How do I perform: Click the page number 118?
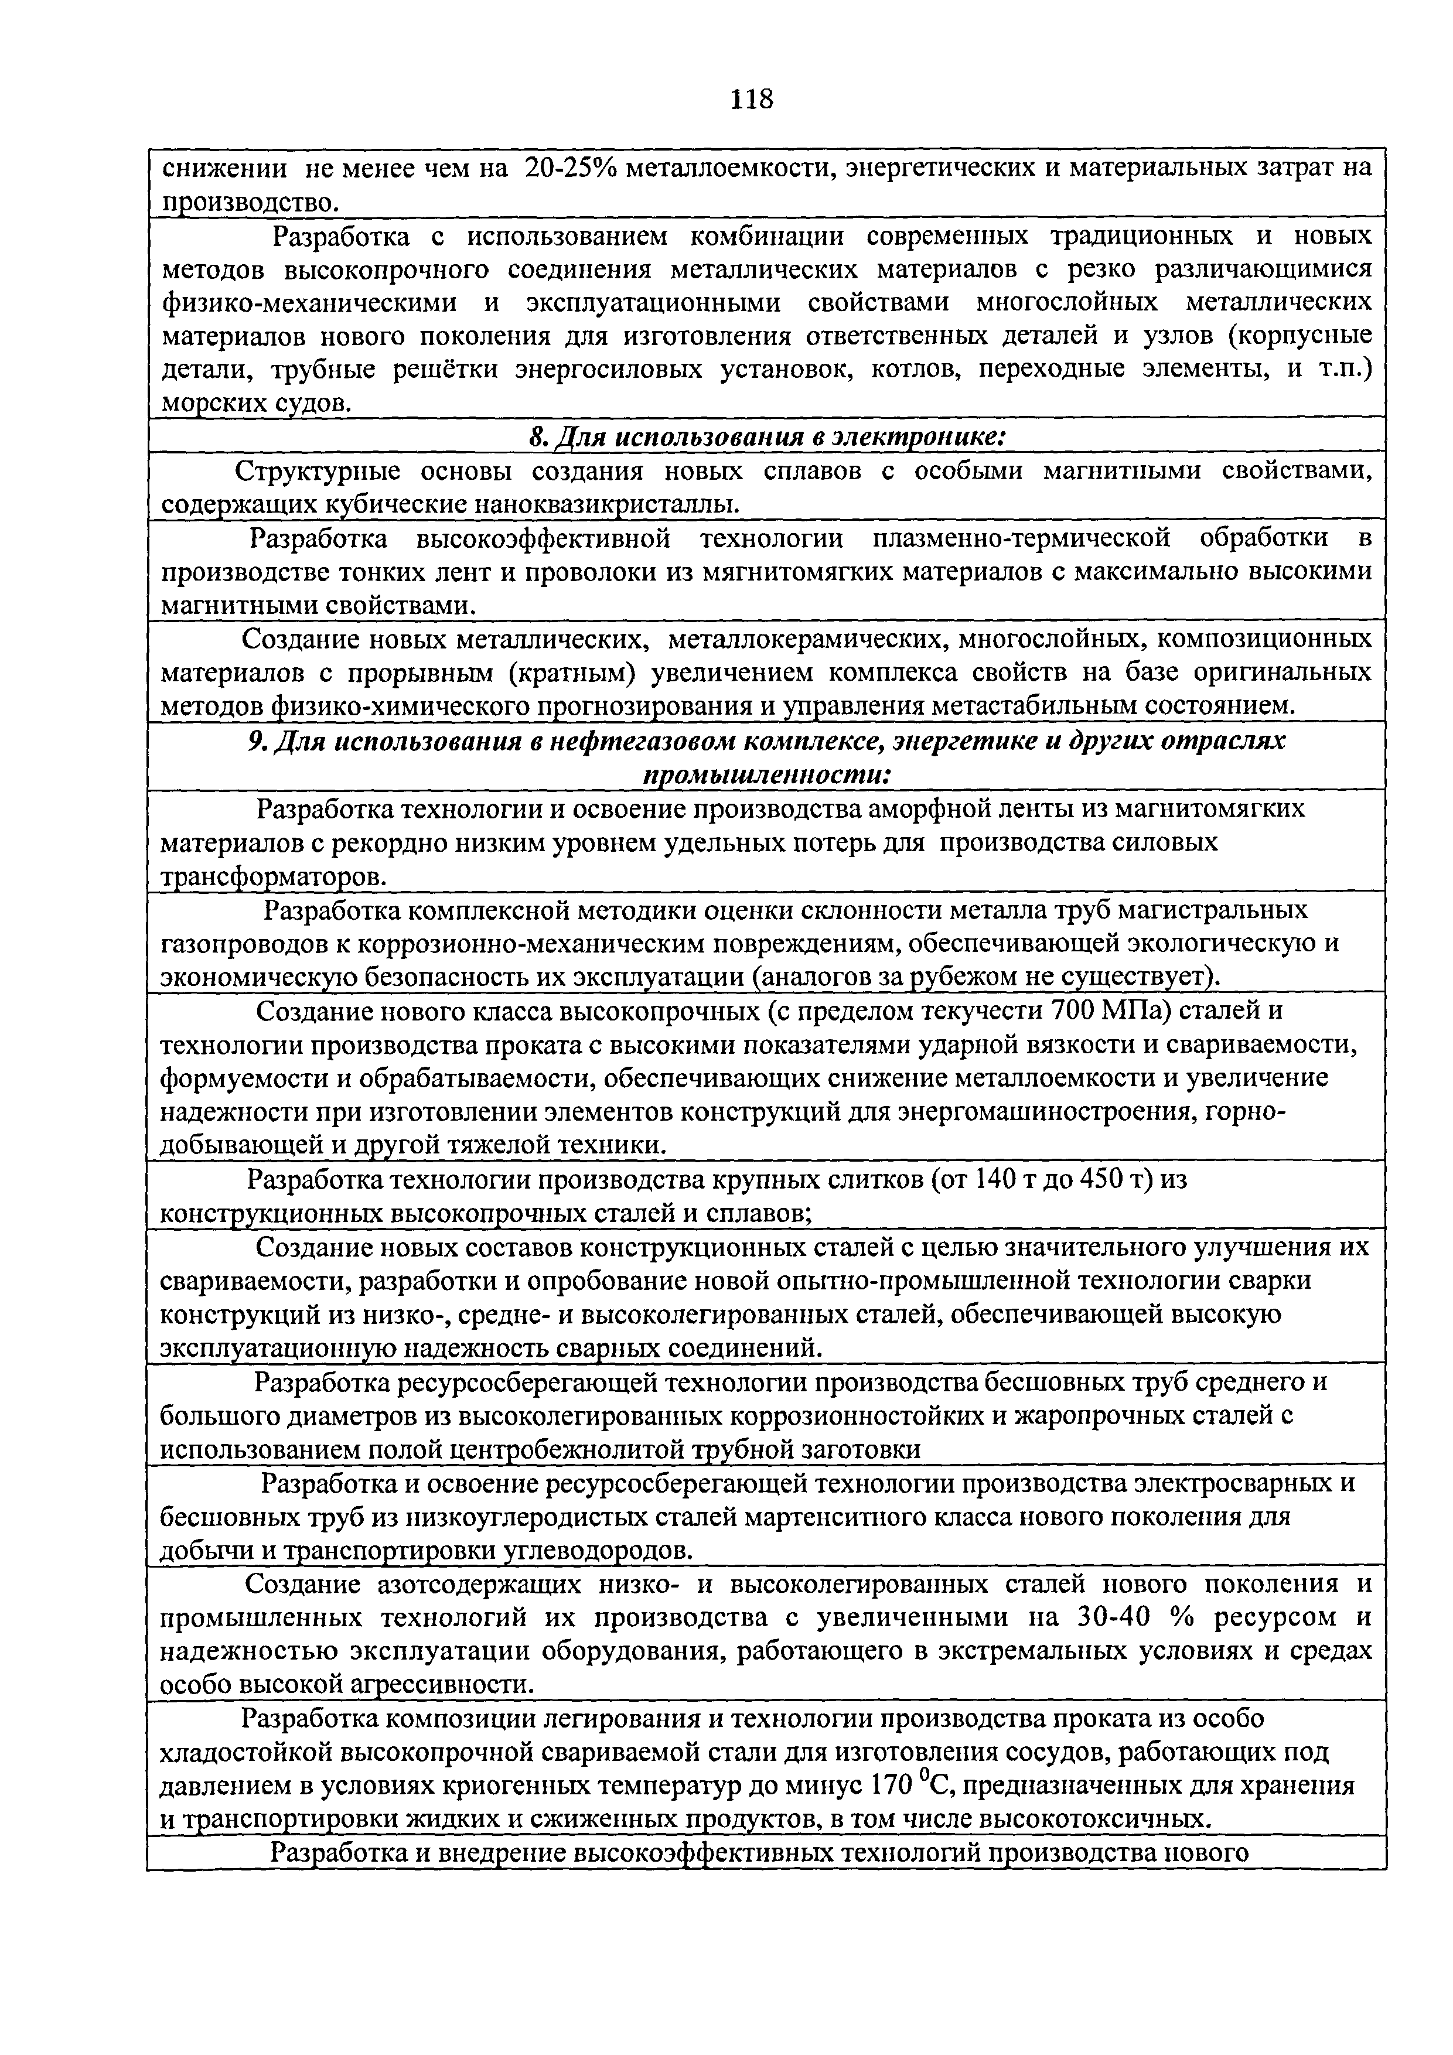pos(750,98)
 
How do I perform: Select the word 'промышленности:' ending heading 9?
pos(768,775)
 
